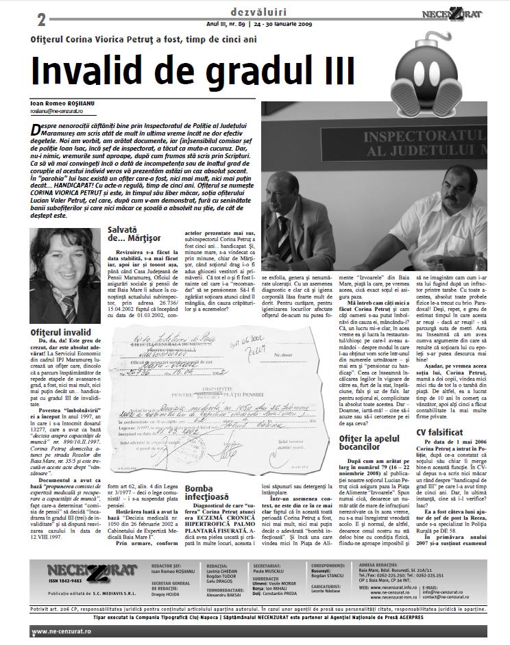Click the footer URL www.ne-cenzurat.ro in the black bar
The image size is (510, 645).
[x=39, y=631]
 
